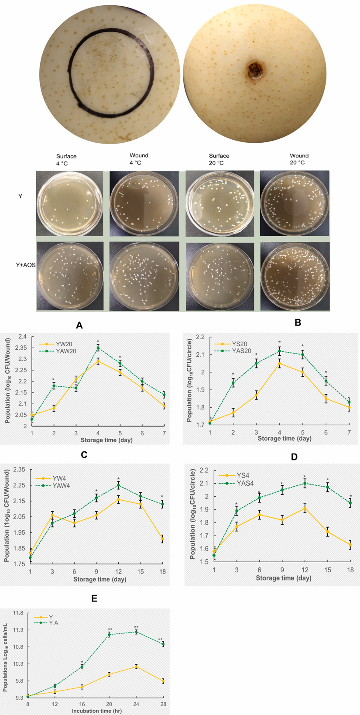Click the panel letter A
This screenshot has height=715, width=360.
(x=79, y=325)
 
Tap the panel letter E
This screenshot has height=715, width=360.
(x=94, y=598)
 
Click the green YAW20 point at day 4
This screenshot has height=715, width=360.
(x=98, y=348)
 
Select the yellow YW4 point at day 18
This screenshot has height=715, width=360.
(x=162, y=539)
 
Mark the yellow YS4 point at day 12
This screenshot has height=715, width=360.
(x=305, y=508)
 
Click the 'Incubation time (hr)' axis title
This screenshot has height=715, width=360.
(x=97, y=711)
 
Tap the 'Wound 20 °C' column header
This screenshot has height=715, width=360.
(x=299, y=159)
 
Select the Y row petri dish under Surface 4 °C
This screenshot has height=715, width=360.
(x=69, y=204)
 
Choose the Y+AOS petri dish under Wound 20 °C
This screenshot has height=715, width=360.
(x=295, y=276)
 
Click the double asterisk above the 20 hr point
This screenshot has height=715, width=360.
(x=110, y=629)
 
